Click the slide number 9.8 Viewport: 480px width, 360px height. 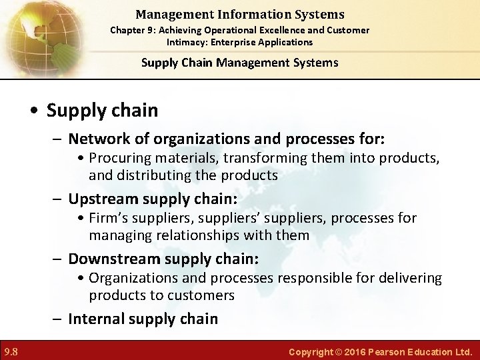11,351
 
